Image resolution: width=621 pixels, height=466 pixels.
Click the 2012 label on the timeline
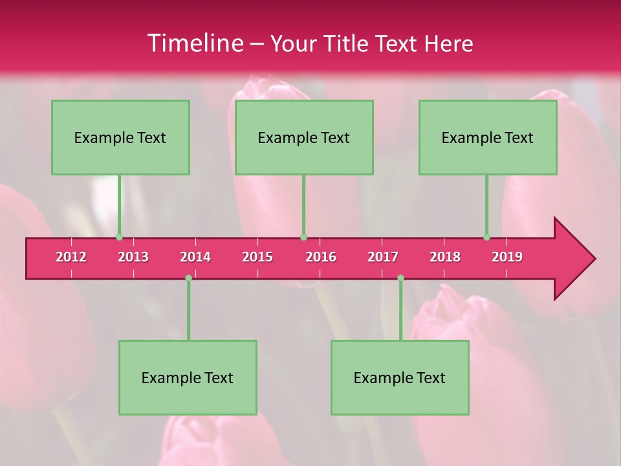pyautogui.click(x=71, y=257)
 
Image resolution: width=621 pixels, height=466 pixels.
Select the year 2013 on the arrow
pyautogui.click(x=133, y=257)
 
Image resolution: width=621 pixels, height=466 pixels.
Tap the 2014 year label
pyautogui.click(x=195, y=257)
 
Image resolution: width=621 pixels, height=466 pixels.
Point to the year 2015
pyautogui.click(x=257, y=257)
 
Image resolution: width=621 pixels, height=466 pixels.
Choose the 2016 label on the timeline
pyautogui.click(x=321, y=257)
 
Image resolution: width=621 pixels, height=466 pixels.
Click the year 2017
pyautogui.click(x=383, y=257)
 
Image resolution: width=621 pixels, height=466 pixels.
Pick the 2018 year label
pyautogui.click(x=445, y=257)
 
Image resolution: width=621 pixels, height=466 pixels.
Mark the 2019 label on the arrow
pyautogui.click(x=507, y=257)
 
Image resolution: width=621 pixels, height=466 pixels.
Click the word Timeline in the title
pyautogui.click(x=195, y=43)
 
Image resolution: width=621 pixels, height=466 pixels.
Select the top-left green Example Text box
pyautogui.click(x=120, y=137)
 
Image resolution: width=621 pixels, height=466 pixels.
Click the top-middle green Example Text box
pyautogui.click(x=304, y=137)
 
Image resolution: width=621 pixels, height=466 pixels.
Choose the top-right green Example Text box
pyautogui.click(x=488, y=137)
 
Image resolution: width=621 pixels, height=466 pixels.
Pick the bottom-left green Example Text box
pyautogui.click(x=188, y=377)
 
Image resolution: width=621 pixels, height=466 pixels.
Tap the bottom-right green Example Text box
pyautogui.click(x=400, y=377)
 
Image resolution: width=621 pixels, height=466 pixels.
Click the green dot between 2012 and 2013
pyautogui.click(x=119, y=238)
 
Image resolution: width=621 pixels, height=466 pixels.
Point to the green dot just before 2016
pyautogui.click(x=303, y=238)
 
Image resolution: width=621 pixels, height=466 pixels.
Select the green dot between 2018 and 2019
pyautogui.click(x=486, y=238)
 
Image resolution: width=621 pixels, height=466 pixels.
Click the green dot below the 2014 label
pyautogui.click(x=188, y=278)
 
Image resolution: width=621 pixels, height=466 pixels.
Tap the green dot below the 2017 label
pyautogui.click(x=400, y=278)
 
